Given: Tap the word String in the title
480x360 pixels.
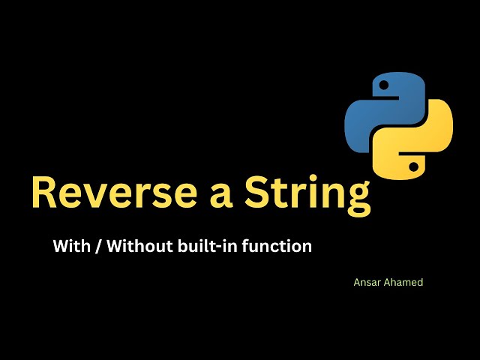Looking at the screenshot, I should (x=310, y=194).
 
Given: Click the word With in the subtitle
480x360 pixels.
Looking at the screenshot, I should (x=70, y=245).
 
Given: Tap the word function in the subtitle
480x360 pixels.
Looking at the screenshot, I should (x=277, y=245).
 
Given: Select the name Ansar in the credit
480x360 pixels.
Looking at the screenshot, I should (x=367, y=283).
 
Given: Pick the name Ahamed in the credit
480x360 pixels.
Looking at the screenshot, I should (x=405, y=283).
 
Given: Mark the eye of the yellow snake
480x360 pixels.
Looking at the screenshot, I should (x=411, y=163).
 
